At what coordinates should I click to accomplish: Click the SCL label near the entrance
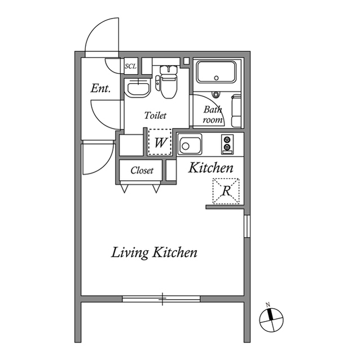[x=130, y=66]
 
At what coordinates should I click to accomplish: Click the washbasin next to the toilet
[x=137, y=87]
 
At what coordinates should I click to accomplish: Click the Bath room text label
[x=213, y=114]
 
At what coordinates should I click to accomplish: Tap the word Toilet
[x=155, y=115]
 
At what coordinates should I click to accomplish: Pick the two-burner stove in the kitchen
[x=227, y=144]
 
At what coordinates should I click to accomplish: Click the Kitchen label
[x=210, y=168]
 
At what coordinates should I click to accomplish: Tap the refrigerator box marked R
[x=226, y=190]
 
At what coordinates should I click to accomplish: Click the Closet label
[x=142, y=171]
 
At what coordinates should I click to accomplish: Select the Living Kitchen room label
[x=154, y=252]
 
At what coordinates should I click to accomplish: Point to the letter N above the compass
[x=269, y=305]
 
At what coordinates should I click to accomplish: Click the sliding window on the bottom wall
[x=162, y=298]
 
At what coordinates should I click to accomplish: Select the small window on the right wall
[x=246, y=225]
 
